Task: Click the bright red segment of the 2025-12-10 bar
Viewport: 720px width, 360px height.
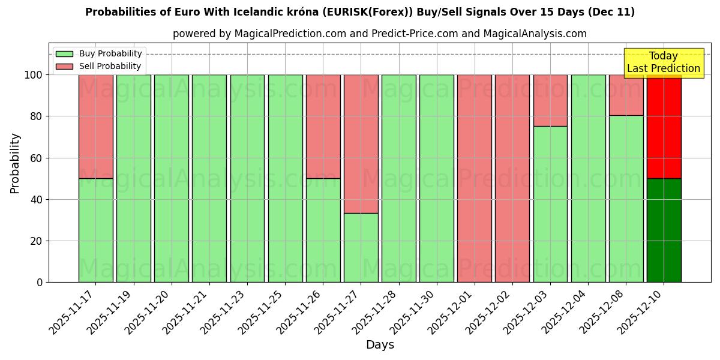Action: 664,126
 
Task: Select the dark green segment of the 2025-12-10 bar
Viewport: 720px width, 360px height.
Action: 664,230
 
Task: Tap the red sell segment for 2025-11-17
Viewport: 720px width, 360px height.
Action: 95,126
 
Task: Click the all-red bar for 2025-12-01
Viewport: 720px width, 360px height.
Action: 475,178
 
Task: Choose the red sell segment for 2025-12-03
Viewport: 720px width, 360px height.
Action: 550,100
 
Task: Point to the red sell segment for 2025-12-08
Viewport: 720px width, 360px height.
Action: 626,95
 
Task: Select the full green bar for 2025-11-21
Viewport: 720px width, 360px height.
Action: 209,178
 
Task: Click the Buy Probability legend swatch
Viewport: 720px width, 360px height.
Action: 64,54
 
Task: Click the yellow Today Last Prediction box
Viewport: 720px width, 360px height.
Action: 663,62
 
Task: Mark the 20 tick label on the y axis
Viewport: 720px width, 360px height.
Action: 37,241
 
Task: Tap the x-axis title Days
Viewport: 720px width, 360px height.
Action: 380,345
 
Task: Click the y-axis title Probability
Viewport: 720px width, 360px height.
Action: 15,163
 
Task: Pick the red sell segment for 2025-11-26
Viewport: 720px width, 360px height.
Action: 323,126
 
